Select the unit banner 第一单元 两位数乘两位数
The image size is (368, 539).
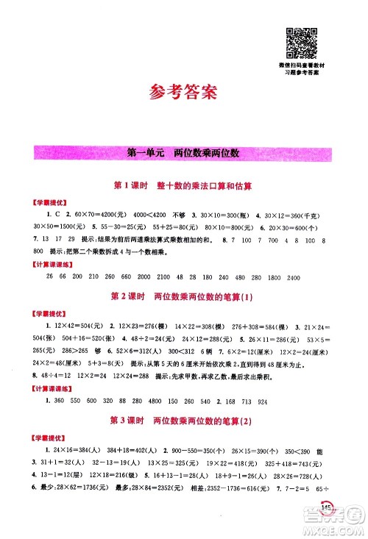point(183,154)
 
